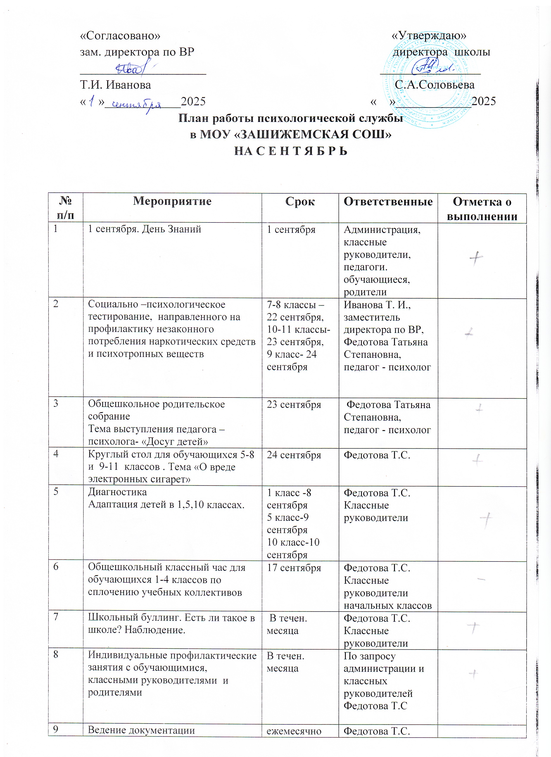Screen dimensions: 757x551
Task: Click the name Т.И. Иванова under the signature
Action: click(x=115, y=85)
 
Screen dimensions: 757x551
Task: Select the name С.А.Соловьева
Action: click(x=434, y=85)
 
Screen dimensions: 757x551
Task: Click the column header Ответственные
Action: click(x=388, y=201)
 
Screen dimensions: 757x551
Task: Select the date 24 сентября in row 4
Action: click(x=294, y=455)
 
